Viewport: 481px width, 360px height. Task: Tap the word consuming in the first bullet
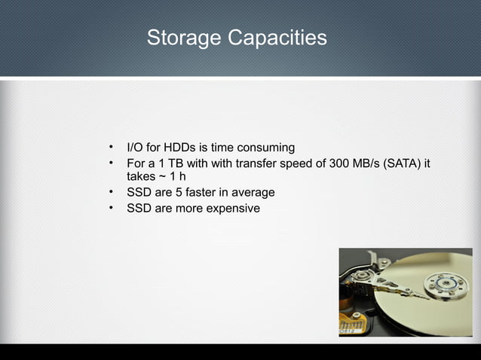coord(266,147)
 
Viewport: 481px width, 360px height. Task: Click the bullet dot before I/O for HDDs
coord(111,146)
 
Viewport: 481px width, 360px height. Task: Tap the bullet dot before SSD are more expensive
coord(111,207)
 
